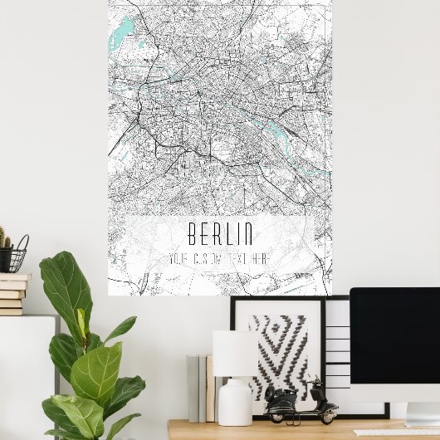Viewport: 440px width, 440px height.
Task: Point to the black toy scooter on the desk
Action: [x=301, y=403]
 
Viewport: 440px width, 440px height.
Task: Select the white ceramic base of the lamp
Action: [x=235, y=404]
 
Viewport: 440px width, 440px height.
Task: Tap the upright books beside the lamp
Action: [x=199, y=387]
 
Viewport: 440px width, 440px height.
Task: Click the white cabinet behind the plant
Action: [x=25, y=374]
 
